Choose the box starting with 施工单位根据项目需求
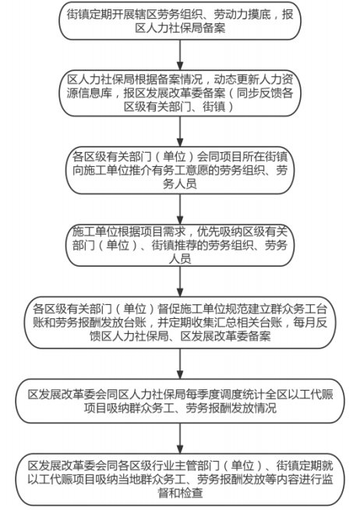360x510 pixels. tap(180, 245)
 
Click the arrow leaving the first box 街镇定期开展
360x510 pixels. tap(180, 55)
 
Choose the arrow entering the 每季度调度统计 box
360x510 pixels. tap(180, 363)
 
